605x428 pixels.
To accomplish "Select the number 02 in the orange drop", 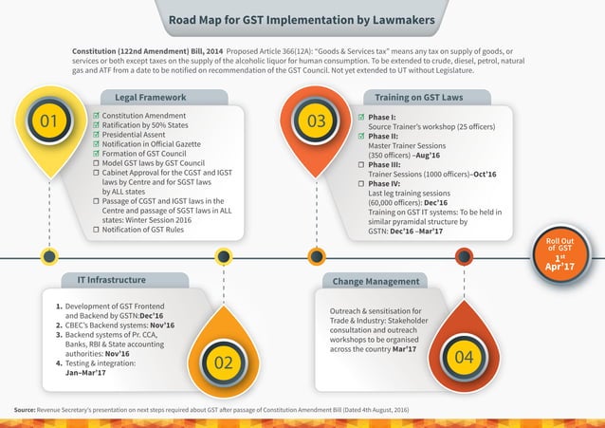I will [223, 363].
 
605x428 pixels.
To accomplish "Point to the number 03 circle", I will [316, 121].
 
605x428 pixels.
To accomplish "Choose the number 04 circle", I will [464, 358].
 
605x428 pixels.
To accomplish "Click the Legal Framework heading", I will [150, 97].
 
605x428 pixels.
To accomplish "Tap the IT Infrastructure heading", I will [111, 280].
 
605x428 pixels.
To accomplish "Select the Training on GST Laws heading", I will [418, 97].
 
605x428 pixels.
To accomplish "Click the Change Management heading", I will [376, 282].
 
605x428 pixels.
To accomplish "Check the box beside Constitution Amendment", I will [96, 116].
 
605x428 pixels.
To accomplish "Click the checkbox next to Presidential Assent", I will [96, 137].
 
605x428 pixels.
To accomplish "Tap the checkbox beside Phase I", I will [360, 116].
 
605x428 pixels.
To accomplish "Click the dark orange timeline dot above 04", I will [464, 256].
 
